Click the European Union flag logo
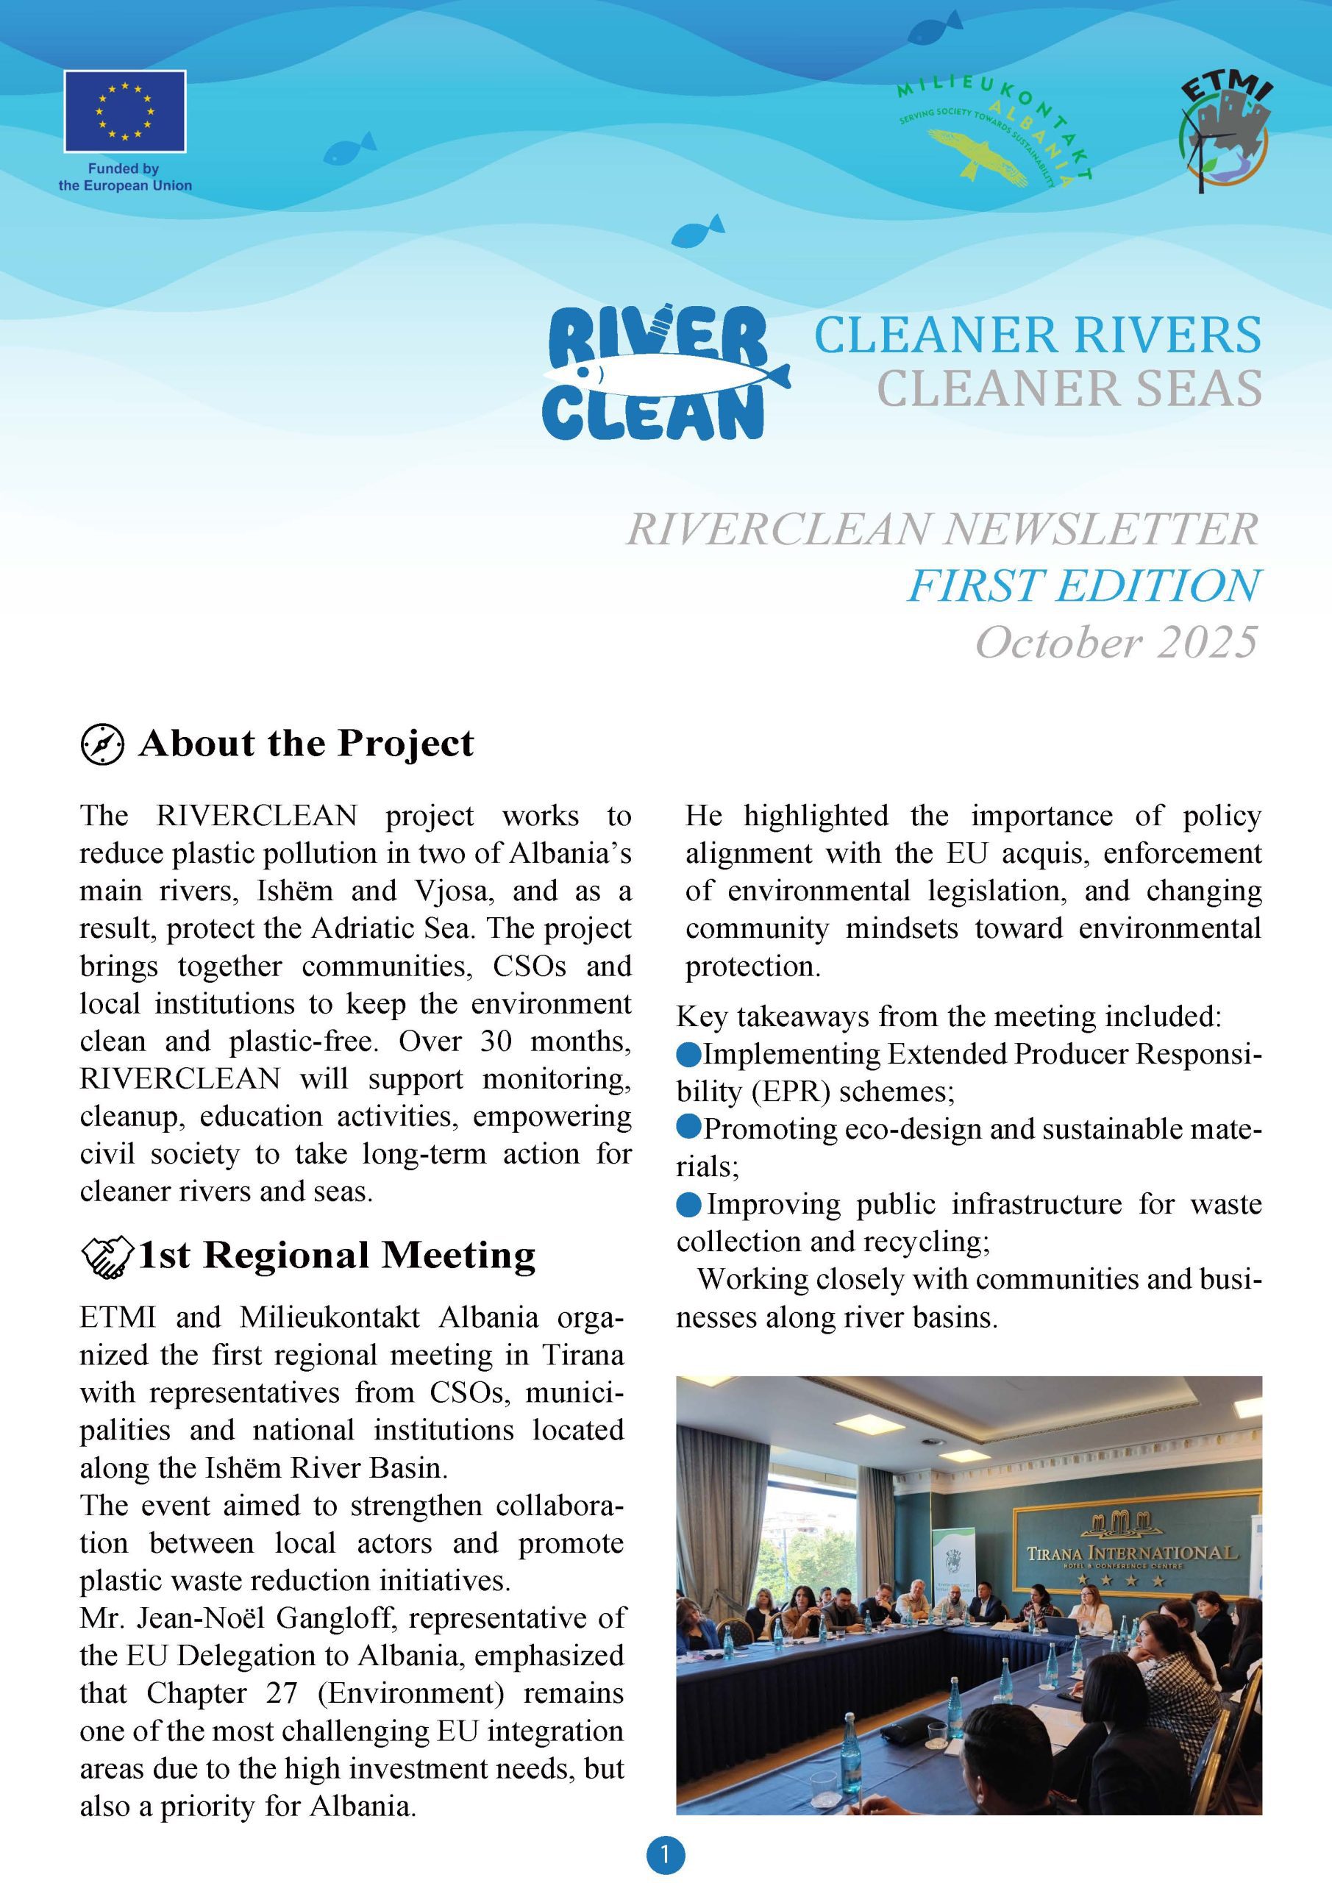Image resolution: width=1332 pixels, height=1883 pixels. pos(125,111)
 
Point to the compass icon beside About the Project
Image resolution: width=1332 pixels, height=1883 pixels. pos(102,744)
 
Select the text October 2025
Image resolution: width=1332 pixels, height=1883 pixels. pos(1116,642)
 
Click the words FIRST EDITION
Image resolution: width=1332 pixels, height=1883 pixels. pos(1083,585)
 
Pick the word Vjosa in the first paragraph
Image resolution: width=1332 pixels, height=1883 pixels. pos(449,891)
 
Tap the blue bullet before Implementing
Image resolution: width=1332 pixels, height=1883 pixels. pos(689,1053)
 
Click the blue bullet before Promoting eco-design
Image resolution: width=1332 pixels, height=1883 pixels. pos(689,1128)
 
